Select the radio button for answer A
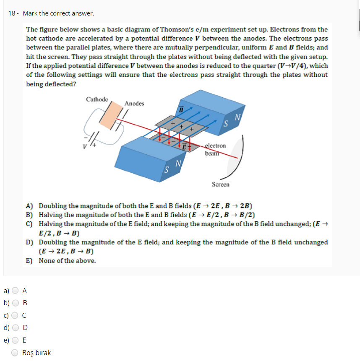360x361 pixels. coord(16,290)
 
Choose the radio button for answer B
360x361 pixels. coord(16,303)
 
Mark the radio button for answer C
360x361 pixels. coord(16,315)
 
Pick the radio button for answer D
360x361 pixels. coord(16,328)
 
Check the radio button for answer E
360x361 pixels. coord(16,340)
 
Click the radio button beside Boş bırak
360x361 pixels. coord(16,353)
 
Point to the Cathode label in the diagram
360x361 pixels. coord(97,99)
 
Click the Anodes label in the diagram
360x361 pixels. coord(134,104)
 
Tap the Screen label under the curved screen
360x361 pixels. coord(221,184)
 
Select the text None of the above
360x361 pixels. coord(67,261)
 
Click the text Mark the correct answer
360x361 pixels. coord(58,13)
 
